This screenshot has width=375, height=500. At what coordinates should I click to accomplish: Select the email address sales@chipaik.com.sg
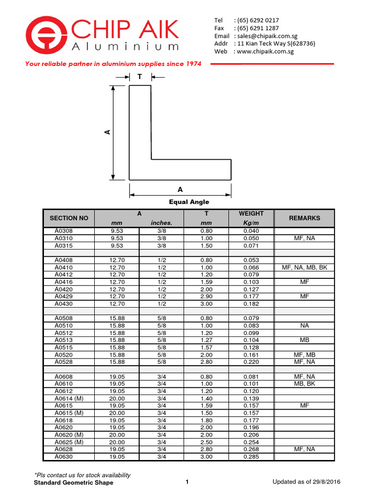point(266,36)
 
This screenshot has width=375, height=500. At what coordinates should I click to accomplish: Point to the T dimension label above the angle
point(140,77)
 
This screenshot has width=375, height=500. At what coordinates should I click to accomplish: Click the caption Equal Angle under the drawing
point(189,202)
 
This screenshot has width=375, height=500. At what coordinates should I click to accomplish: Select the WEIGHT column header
point(251,213)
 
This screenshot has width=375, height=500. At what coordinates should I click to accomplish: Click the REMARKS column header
point(304,218)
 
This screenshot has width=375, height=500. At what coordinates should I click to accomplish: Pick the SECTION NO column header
point(69,218)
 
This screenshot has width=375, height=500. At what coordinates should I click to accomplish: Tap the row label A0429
point(62,296)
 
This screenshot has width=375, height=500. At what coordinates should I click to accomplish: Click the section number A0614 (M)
point(69,398)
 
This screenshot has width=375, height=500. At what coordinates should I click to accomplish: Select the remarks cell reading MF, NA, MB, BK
point(304,268)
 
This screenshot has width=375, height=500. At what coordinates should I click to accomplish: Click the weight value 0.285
point(251,457)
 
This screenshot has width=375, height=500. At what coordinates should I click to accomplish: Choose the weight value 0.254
point(251,442)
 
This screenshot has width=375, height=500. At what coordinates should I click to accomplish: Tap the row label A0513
point(62,340)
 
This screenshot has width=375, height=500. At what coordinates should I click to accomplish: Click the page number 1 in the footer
point(187,482)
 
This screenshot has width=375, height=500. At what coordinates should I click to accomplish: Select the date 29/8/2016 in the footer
point(324,482)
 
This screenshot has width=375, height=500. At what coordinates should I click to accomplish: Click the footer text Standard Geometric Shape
point(73,482)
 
